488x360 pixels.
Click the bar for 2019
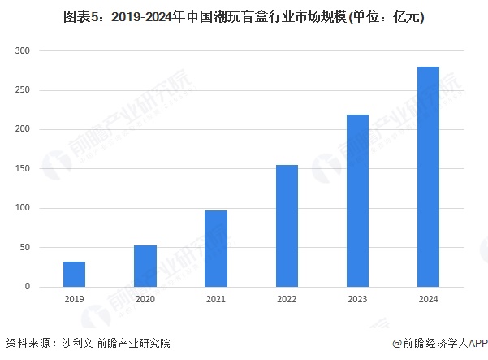[x=75, y=274]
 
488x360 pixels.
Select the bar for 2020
[x=145, y=266]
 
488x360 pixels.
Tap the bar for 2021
[x=216, y=249]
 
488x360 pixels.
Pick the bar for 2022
[x=287, y=226]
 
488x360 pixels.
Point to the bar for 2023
[x=357, y=201]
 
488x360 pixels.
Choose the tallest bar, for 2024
[x=428, y=176]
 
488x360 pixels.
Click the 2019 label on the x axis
[x=75, y=299]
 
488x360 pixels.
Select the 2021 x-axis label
[x=216, y=299]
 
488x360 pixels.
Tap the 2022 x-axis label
[x=287, y=299]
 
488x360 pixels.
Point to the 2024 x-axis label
[x=428, y=299]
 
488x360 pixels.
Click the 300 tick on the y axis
[x=23, y=50]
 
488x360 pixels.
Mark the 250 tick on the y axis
[x=23, y=90]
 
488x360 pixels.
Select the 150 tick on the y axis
[x=23, y=169]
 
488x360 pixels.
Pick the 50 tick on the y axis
[x=25, y=248]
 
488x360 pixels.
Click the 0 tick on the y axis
[x=28, y=287]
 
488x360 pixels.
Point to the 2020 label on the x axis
[x=145, y=299]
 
